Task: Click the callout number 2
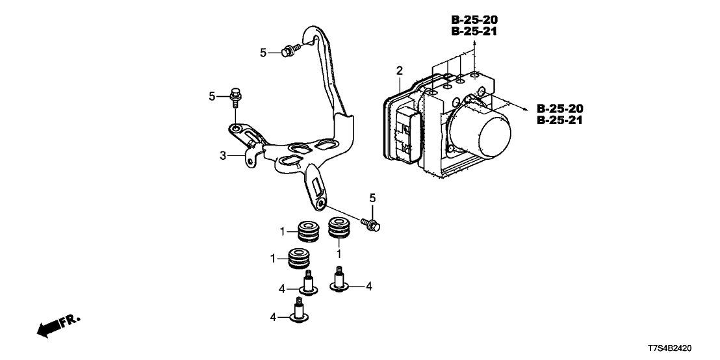click(x=400, y=70)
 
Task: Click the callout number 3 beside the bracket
click(x=222, y=156)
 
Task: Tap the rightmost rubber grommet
click(x=338, y=228)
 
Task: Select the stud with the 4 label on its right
click(x=339, y=281)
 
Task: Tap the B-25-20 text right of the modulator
click(x=561, y=108)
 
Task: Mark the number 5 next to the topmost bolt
click(x=263, y=53)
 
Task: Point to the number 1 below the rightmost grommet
click(x=339, y=250)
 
